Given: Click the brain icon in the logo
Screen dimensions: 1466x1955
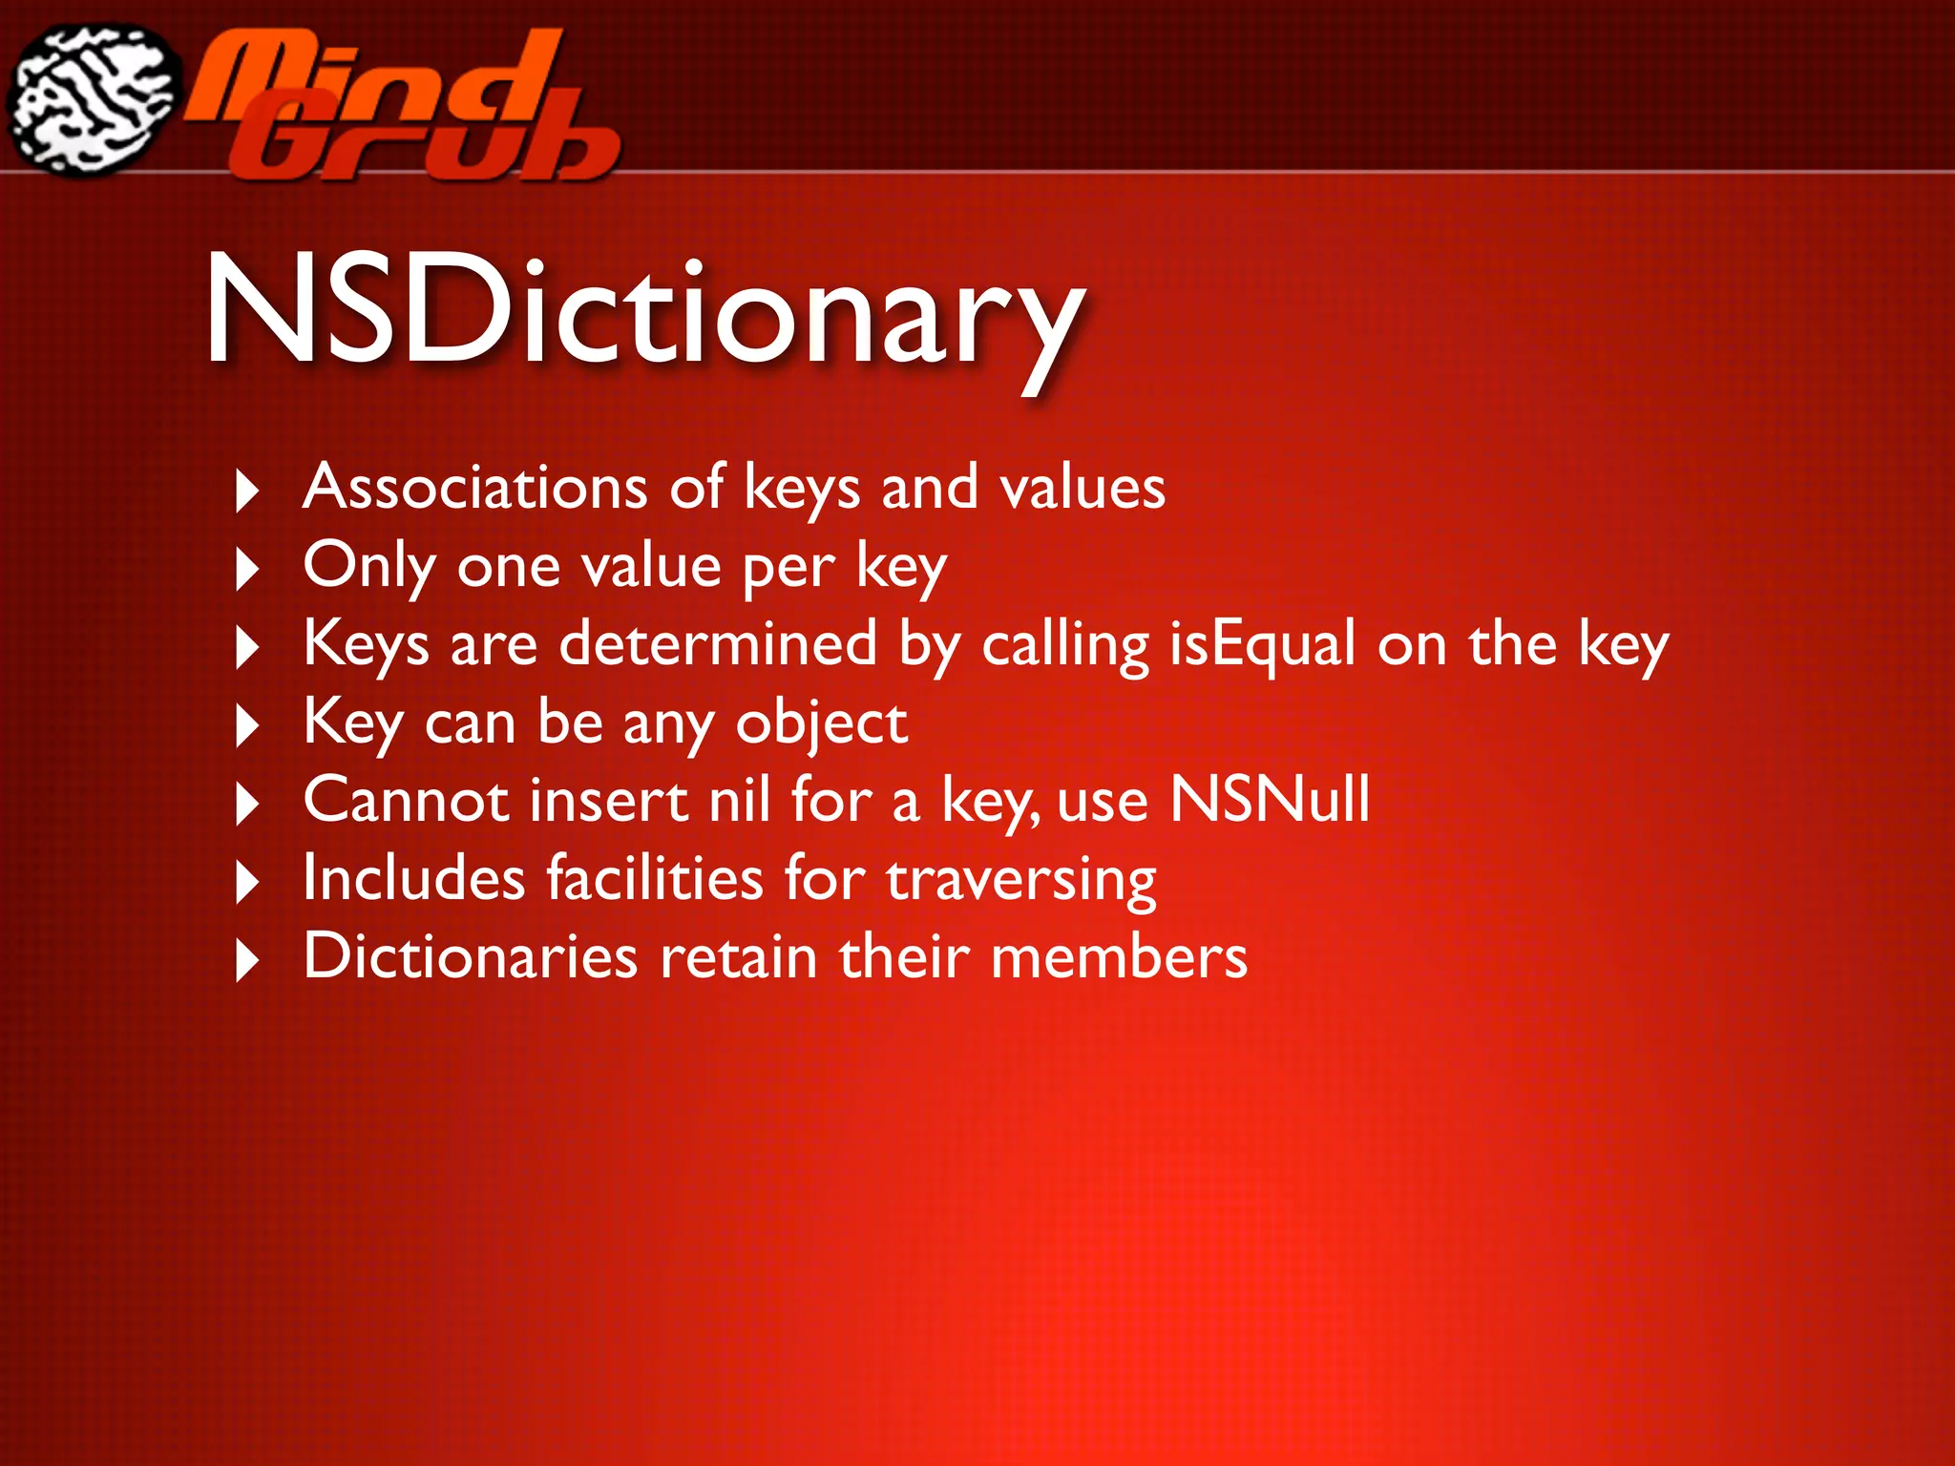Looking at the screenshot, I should click(94, 98).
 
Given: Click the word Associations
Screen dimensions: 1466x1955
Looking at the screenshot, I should click(475, 487).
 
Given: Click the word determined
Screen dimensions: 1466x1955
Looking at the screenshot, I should click(718, 643).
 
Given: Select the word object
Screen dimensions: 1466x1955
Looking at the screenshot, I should click(822, 723).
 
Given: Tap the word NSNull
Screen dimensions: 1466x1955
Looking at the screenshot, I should click(1271, 799).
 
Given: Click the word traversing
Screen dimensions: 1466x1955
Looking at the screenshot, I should click(1021, 879).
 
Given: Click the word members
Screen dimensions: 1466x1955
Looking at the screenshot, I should click(1119, 956).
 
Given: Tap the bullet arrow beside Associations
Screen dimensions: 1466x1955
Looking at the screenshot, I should click(247, 491).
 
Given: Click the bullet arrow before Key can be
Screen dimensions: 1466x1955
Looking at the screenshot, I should click(247, 725).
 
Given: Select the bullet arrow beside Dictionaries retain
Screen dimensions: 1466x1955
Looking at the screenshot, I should click(247, 960).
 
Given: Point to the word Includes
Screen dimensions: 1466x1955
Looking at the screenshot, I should click(413, 877).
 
